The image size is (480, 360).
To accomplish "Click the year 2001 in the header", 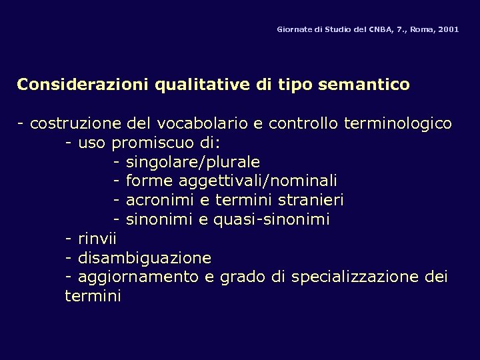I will [449, 30].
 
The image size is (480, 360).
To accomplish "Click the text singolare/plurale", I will [193, 163].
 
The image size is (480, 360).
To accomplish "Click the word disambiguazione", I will [145, 258].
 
